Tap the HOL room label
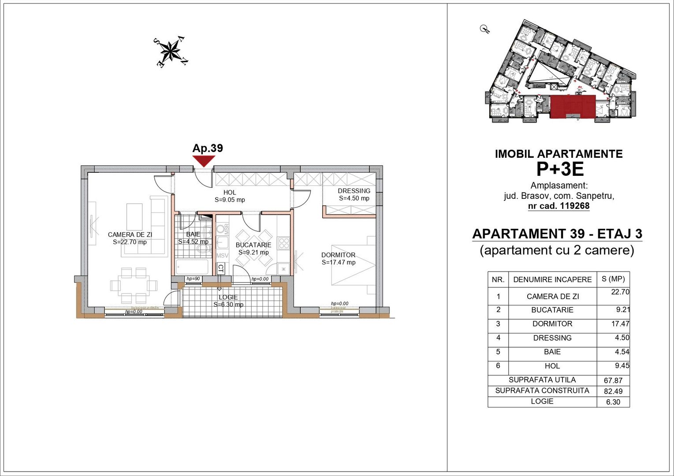(230, 193)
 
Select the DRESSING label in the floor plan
(354, 191)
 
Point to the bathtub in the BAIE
(192, 267)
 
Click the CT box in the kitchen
(221, 268)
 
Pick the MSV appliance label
(222, 256)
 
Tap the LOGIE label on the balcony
(228, 297)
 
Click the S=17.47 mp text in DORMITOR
(339, 262)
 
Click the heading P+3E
(559, 169)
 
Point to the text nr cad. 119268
(559, 206)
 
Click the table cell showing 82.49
(612, 391)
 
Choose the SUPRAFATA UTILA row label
(542, 380)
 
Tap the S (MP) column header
(613, 279)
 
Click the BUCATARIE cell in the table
(552, 310)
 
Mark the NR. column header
(498, 280)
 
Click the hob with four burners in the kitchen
(283, 243)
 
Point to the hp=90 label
(193, 279)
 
